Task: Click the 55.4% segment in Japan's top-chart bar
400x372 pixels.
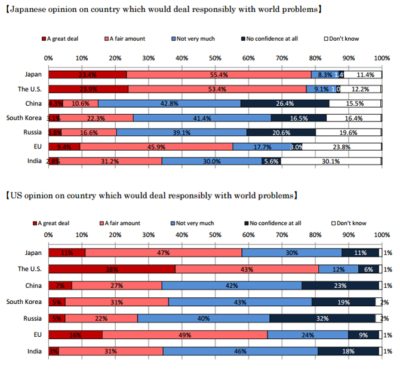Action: point(219,75)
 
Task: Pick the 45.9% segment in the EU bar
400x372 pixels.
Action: point(156,146)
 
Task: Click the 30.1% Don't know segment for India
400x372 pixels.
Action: point(331,160)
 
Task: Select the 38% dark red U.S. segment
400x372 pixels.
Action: point(112,269)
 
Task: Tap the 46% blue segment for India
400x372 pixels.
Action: point(240,351)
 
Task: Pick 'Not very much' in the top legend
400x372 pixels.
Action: point(193,39)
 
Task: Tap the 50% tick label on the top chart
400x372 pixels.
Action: point(215,58)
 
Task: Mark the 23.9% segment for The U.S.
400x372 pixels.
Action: point(88,89)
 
